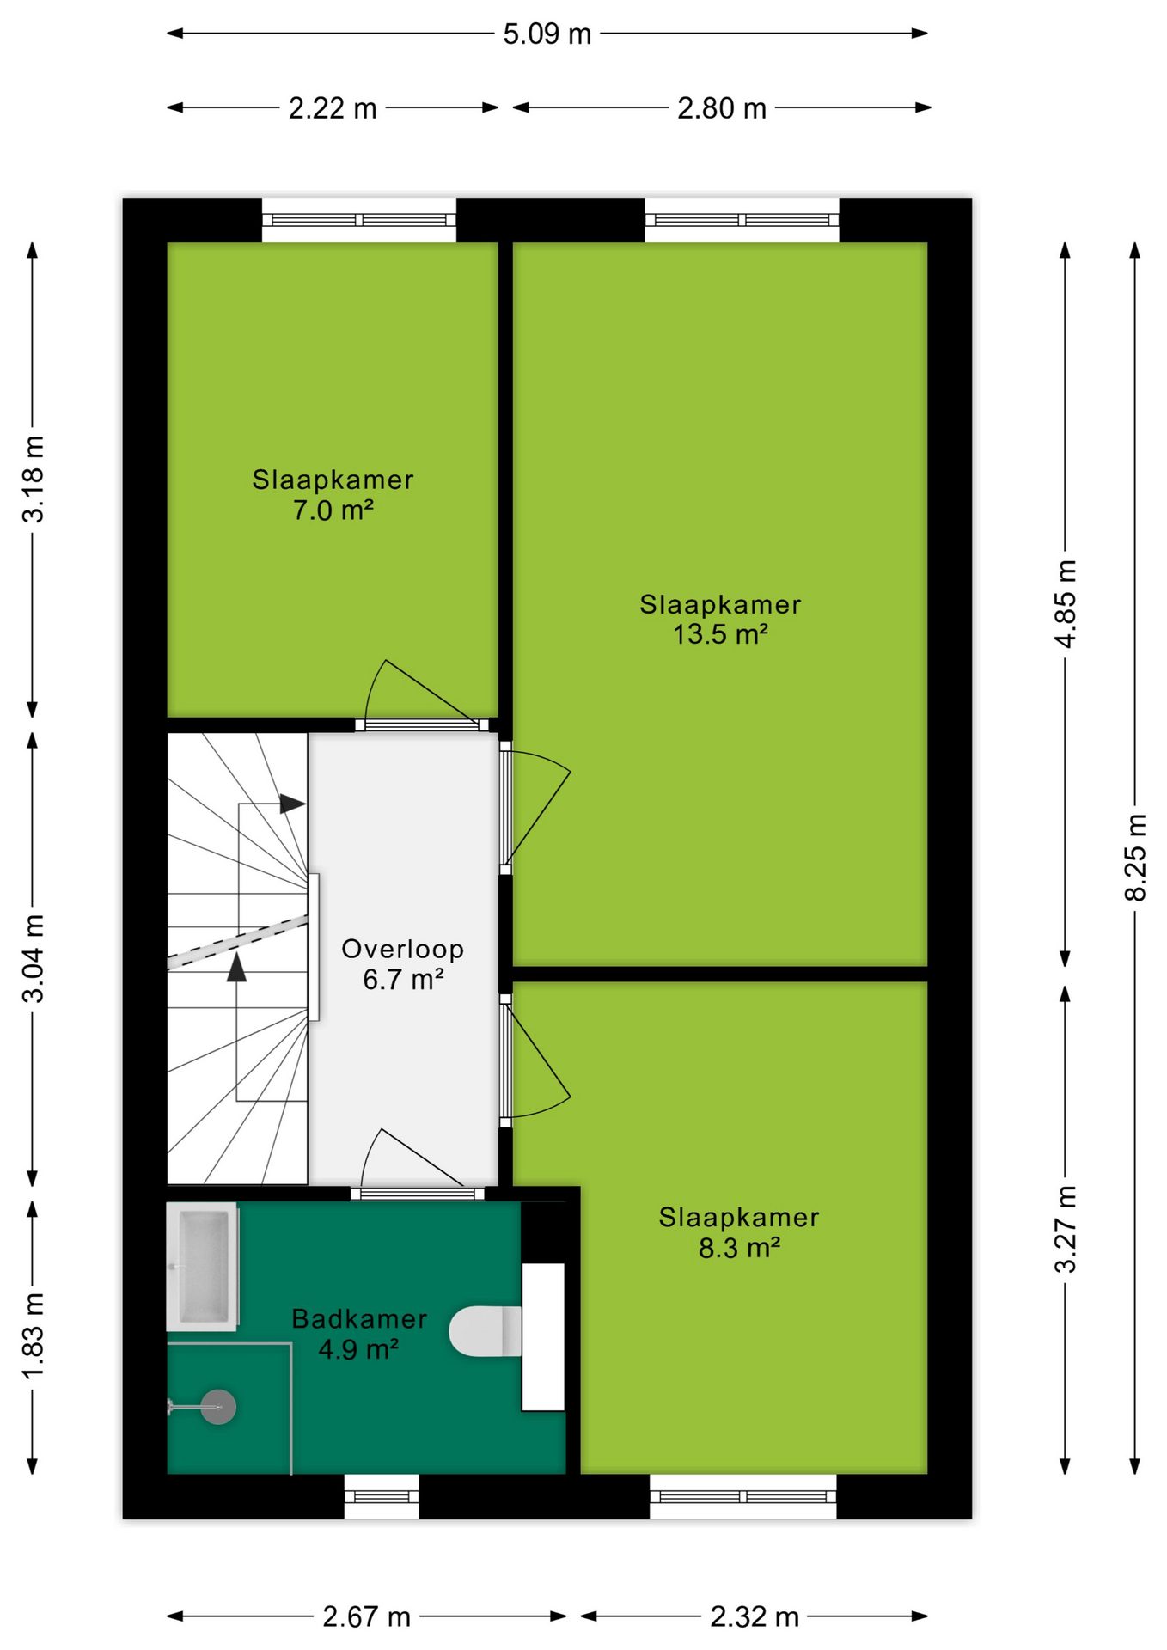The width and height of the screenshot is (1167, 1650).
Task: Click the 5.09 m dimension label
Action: [547, 34]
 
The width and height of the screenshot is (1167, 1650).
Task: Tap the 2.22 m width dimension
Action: [333, 108]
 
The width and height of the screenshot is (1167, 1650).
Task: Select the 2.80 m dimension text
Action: [722, 108]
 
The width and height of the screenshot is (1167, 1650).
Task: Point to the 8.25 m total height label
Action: [1135, 857]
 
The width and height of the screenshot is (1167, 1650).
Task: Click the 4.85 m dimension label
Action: [1066, 603]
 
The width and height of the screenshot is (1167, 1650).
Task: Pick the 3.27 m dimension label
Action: [1066, 1229]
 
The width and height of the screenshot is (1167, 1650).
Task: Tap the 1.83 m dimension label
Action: [33, 1336]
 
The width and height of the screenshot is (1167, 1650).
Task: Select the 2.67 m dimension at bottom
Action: [367, 1616]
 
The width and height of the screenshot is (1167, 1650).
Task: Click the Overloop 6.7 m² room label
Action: [403, 963]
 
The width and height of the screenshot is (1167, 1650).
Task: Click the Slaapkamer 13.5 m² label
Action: [720, 619]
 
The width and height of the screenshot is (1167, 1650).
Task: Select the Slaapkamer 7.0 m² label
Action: [333, 494]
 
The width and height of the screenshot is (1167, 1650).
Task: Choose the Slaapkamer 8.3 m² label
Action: [739, 1231]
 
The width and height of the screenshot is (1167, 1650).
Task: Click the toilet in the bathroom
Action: [486, 1331]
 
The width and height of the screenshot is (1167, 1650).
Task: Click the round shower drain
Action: [218, 1407]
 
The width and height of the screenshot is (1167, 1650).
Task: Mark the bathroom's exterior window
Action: [382, 1497]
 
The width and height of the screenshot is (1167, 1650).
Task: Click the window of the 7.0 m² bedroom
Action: [358, 220]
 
